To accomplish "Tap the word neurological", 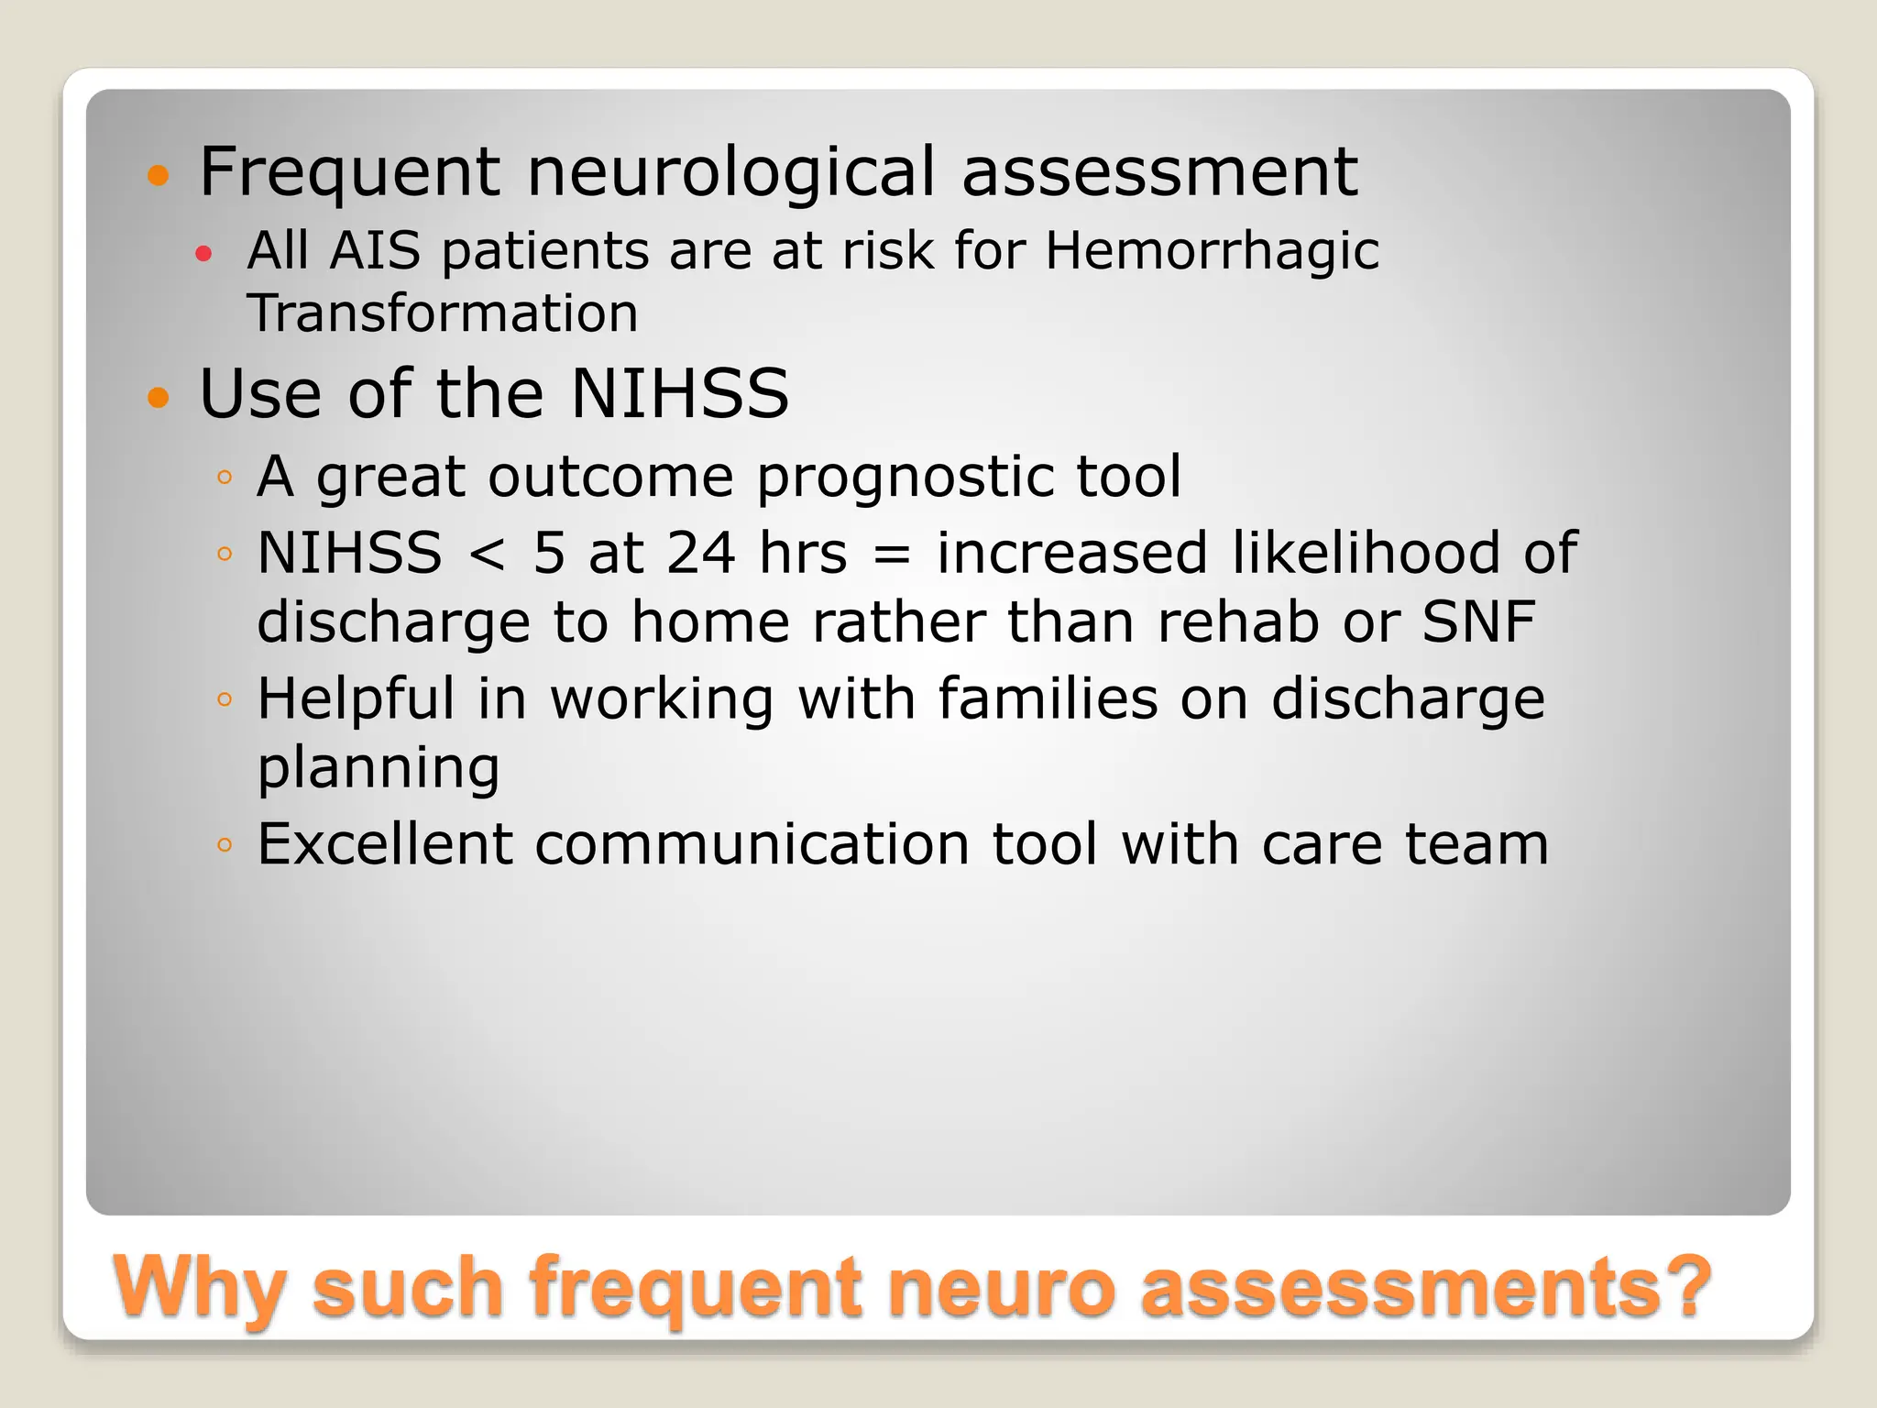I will [731, 172].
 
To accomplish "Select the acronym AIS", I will [375, 250].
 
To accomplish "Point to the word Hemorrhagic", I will [1212, 250].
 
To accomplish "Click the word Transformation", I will [443, 313].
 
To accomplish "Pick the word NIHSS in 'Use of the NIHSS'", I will [679, 393].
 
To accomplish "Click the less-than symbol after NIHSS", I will [487, 554].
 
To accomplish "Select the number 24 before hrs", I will [701, 554].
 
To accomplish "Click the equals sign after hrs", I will [892, 554].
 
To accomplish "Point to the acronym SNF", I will [1477, 621].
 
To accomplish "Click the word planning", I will [379, 768].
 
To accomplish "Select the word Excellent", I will [385, 843].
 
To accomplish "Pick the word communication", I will [752, 843].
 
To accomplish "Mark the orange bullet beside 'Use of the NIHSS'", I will [159, 397].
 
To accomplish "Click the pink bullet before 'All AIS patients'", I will [203, 254].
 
